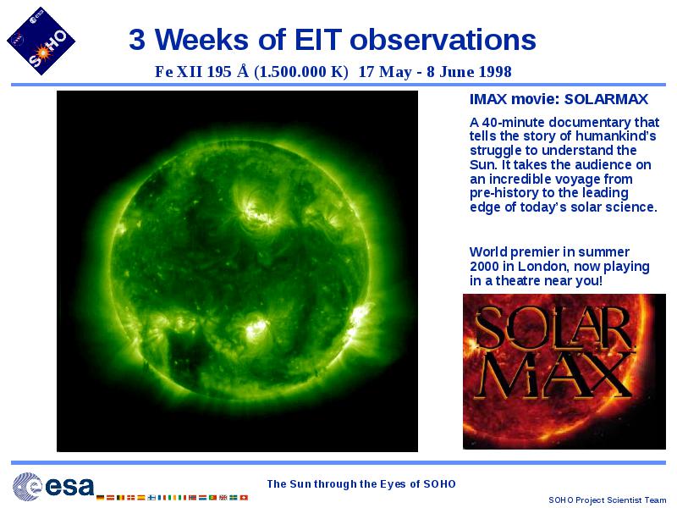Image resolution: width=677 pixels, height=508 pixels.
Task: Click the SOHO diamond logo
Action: [41, 41]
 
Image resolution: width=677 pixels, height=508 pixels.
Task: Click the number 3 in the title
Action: [137, 39]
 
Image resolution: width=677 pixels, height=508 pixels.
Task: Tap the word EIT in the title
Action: [318, 39]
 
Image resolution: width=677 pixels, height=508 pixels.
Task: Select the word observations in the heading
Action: [443, 39]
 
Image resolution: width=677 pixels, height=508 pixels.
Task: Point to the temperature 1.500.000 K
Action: [301, 72]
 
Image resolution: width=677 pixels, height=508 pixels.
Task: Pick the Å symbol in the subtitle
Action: [243, 70]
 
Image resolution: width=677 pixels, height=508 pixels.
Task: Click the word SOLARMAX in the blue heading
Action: [606, 99]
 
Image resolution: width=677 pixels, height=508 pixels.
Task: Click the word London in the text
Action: [543, 266]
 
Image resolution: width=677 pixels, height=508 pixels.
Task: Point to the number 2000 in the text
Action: [484, 266]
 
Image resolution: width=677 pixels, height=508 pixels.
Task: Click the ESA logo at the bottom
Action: [53, 486]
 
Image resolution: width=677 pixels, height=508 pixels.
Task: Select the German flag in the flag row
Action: [100, 498]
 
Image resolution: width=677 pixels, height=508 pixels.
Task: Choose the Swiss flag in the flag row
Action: [244, 498]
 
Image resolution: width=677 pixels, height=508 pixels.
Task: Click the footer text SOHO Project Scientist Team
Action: [607, 500]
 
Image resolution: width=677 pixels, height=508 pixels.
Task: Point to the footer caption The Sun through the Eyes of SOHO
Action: [361, 484]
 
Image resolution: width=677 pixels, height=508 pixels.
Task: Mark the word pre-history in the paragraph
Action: [502, 193]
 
